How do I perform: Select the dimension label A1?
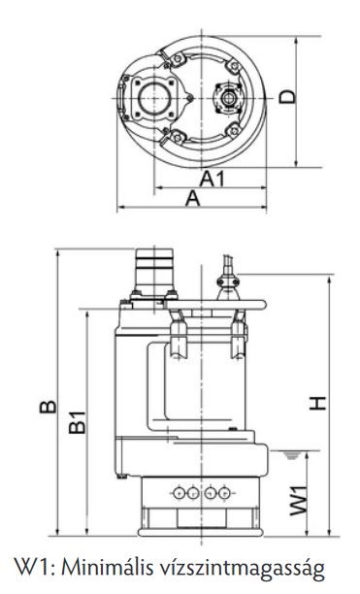(212, 179)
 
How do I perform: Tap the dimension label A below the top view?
(192, 199)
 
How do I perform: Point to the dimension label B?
(49, 406)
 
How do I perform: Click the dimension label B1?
(78, 422)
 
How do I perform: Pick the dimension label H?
(317, 403)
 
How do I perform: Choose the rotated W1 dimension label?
(299, 501)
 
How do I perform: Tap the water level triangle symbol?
(291, 455)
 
